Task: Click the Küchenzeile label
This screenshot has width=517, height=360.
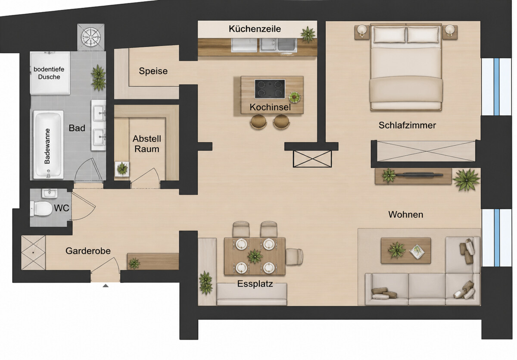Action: (x=255, y=29)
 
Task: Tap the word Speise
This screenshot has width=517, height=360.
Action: (x=153, y=71)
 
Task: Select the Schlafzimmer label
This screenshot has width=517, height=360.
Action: (x=408, y=125)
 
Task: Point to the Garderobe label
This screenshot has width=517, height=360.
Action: (x=88, y=251)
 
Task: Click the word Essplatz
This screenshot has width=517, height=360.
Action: (x=255, y=284)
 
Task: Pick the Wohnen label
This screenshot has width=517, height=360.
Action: (x=406, y=215)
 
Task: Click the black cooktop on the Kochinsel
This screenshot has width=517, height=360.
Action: (x=270, y=89)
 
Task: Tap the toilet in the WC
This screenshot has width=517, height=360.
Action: (x=41, y=209)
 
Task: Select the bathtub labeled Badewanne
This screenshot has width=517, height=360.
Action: (x=48, y=144)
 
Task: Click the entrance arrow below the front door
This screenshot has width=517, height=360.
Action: (x=106, y=286)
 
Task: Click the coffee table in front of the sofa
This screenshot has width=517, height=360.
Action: (x=406, y=250)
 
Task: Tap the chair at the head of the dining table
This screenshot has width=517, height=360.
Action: (x=294, y=257)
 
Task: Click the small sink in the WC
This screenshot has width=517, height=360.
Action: (x=50, y=193)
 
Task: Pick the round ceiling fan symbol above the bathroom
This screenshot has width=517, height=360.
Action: (x=91, y=37)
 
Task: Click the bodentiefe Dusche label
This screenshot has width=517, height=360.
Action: (x=49, y=73)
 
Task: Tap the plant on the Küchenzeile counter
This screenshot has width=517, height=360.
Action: (x=308, y=34)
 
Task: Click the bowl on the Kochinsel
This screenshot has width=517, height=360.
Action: (x=295, y=97)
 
